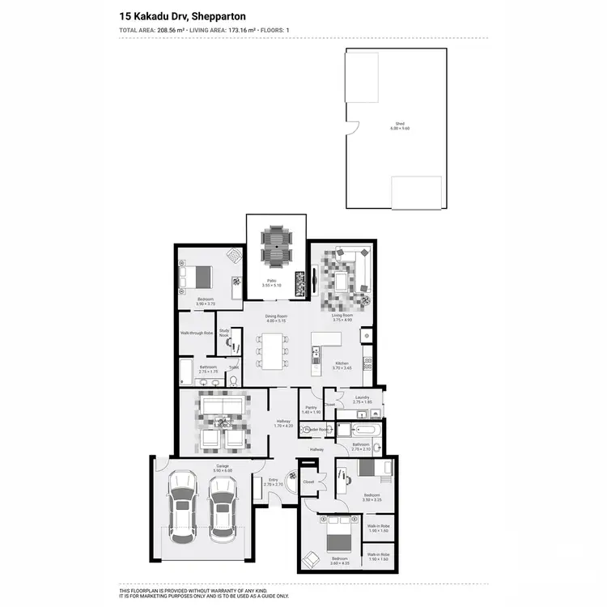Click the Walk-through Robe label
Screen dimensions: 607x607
197,333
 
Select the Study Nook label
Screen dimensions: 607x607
225,332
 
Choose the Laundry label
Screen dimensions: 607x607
362,397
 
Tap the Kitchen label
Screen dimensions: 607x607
342,364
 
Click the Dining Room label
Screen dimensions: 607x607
277,316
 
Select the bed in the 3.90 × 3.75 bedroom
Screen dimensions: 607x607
198,278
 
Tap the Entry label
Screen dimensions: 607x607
273,480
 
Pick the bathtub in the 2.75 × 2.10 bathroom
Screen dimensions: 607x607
359,429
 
